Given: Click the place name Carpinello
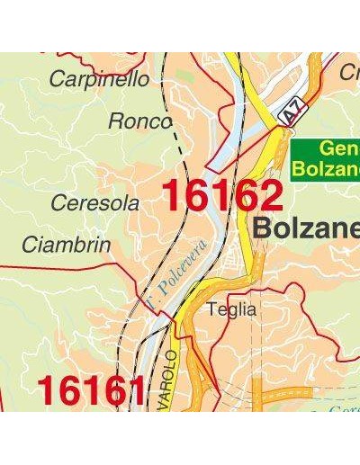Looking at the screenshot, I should tap(99, 79).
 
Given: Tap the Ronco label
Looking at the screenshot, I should tap(139, 121).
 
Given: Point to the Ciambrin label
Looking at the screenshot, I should tap(67, 245).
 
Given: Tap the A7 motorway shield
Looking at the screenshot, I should tap(289, 113).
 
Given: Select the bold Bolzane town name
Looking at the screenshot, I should tap(306, 228).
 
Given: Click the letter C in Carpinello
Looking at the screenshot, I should tap(57, 79).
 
